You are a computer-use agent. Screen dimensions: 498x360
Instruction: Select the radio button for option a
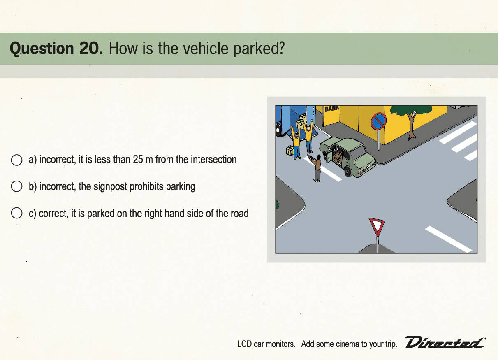pyautogui.click(x=16, y=160)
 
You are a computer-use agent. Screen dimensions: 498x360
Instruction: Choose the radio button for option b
pyautogui.click(x=16, y=186)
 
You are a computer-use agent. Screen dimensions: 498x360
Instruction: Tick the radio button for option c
pyautogui.click(x=16, y=213)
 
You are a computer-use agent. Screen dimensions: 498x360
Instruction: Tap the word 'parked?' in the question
pyautogui.click(x=259, y=49)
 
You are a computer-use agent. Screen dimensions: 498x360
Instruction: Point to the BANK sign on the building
pyautogui.click(x=332, y=109)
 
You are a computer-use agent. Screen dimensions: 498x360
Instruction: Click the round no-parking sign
pyautogui.click(x=378, y=121)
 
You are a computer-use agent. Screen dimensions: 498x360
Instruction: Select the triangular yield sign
pyautogui.click(x=377, y=227)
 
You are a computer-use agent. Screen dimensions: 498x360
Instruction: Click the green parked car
pyautogui.click(x=347, y=156)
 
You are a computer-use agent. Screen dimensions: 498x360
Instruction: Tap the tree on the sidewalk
pyautogui.click(x=411, y=121)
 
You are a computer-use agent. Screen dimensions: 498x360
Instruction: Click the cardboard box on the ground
pyautogui.click(x=290, y=151)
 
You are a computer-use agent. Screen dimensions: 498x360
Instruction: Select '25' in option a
pyautogui.click(x=138, y=160)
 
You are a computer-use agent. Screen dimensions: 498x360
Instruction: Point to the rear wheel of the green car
pyautogui.click(x=348, y=171)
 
